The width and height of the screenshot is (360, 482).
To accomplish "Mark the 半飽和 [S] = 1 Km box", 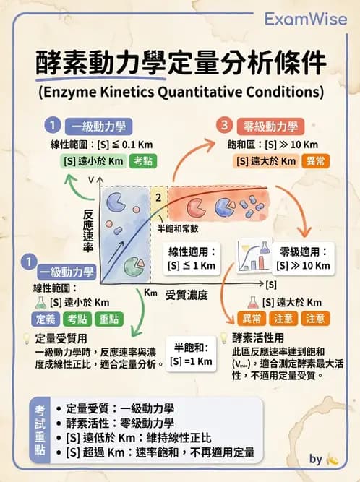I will [192, 353].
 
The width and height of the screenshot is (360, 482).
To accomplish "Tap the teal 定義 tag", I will [44, 319].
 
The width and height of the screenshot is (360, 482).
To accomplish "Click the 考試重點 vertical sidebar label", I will [40, 430].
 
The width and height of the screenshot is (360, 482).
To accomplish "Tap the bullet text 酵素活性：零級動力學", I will [119, 423].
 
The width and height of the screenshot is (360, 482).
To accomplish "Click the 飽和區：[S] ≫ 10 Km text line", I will [267, 145].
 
